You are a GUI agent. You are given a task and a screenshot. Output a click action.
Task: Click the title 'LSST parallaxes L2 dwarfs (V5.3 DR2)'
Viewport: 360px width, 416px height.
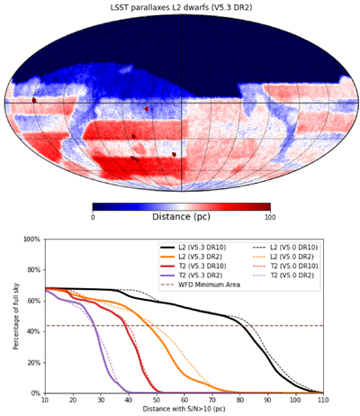click(181, 7)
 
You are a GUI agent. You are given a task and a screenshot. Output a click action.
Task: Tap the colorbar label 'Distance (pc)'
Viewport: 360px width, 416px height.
click(181, 216)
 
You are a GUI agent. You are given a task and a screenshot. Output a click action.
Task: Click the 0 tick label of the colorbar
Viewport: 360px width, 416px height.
click(93, 217)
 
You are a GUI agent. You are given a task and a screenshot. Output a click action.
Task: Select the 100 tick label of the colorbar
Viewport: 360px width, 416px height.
click(271, 217)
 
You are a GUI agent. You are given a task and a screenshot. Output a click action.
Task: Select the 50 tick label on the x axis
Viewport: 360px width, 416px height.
click(157, 400)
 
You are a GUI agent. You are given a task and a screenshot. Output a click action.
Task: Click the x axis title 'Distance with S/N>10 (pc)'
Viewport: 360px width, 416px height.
click(184, 409)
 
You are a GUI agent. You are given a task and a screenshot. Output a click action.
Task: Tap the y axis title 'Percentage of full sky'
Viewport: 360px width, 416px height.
click(16, 316)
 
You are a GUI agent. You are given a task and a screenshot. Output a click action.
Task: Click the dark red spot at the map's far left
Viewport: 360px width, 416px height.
click(34, 100)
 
